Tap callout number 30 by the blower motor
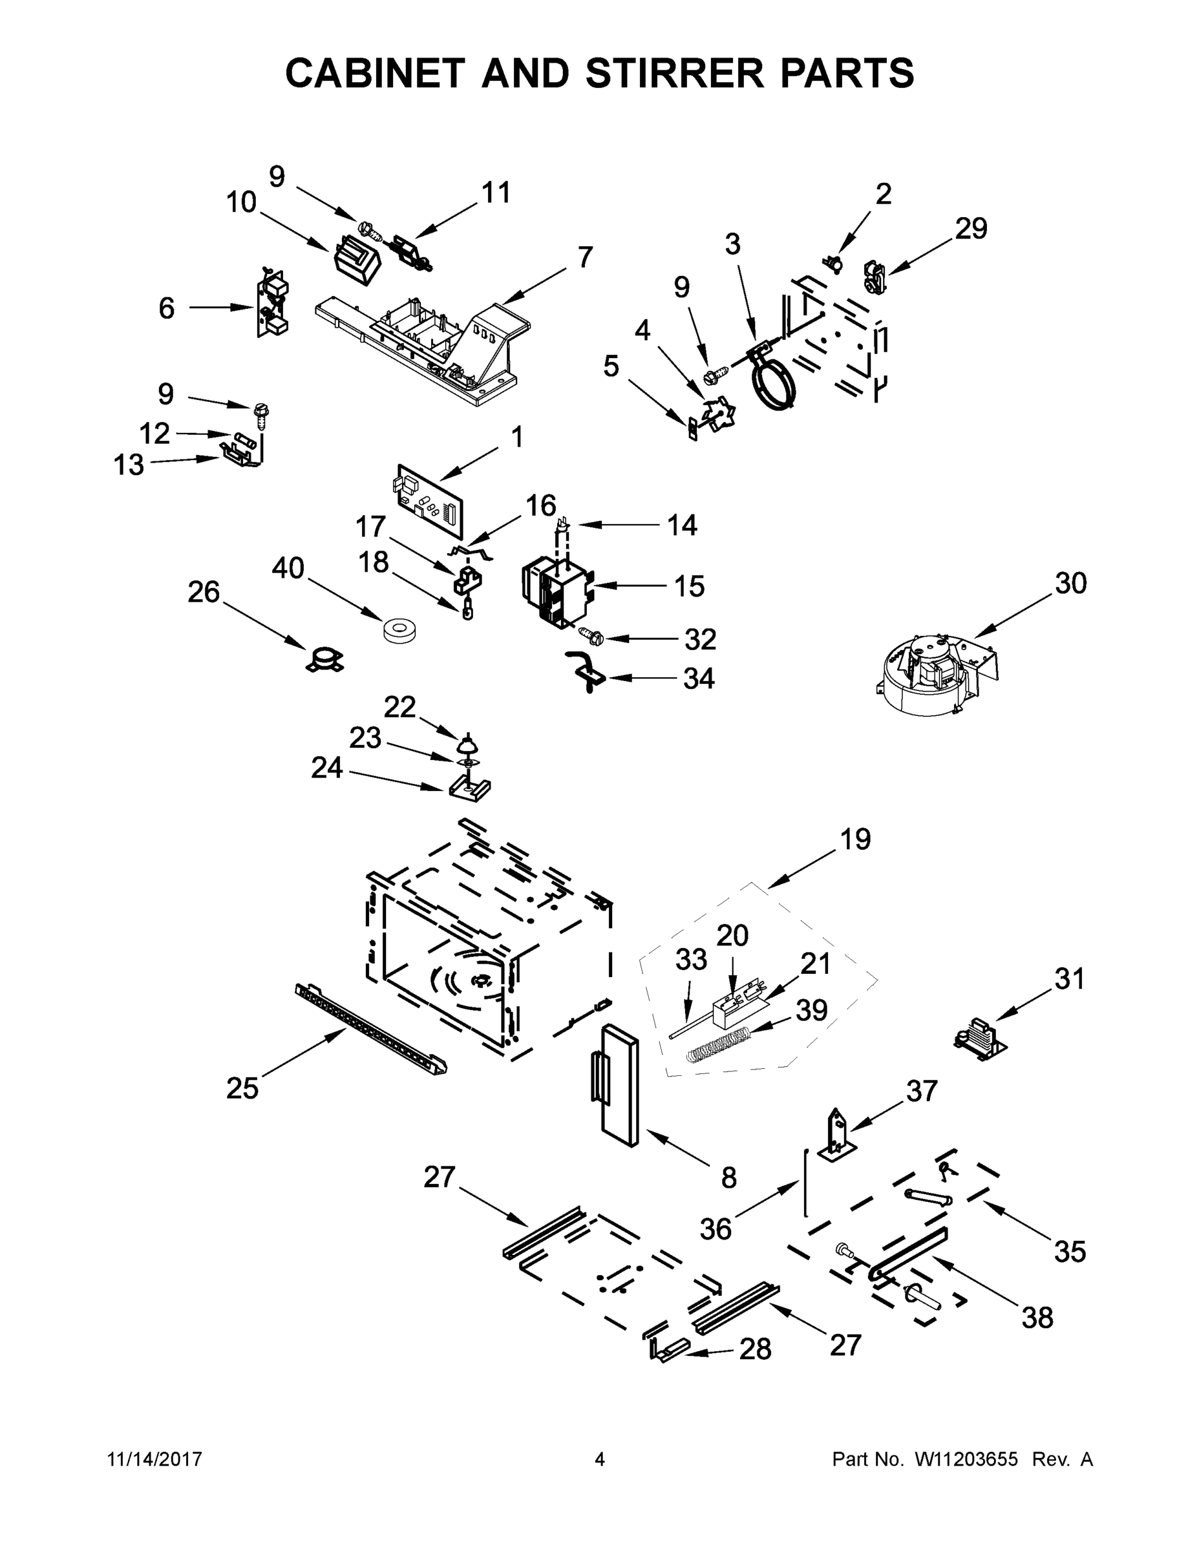coord(1070,584)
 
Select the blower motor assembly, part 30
coord(936,674)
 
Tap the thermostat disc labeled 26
coord(324,659)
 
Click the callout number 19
coord(855,839)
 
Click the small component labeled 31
coord(981,1039)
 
